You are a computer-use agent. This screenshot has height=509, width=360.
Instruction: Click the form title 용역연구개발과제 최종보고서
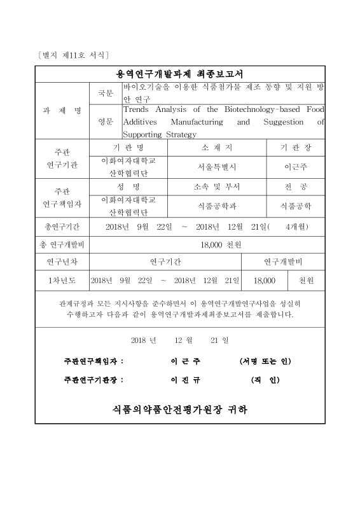click(x=180, y=74)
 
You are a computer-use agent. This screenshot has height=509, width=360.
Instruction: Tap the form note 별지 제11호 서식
click(x=74, y=55)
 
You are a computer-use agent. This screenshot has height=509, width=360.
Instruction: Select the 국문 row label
click(x=106, y=94)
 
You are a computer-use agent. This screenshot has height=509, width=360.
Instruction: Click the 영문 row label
click(x=106, y=122)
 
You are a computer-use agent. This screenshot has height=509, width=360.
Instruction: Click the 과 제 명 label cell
click(x=62, y=111)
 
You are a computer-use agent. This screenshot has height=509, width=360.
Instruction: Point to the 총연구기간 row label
click(x=62, y=227)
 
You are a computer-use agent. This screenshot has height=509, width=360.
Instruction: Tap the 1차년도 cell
click(x=62, y=280)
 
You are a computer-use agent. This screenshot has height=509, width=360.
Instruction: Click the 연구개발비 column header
click(x=283, y=261)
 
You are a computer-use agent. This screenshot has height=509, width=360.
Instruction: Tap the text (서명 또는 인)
click(x=265, y=361)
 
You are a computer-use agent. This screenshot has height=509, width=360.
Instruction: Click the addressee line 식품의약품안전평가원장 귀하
click(x=180, y=409)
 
